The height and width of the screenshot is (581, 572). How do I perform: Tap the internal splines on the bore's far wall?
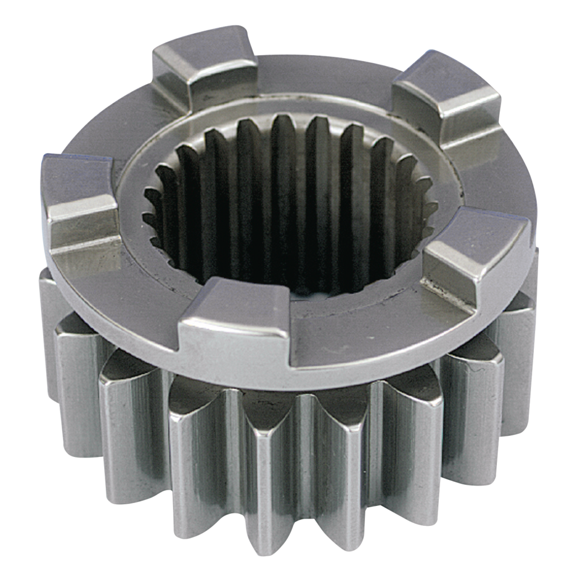coord(291,157)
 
